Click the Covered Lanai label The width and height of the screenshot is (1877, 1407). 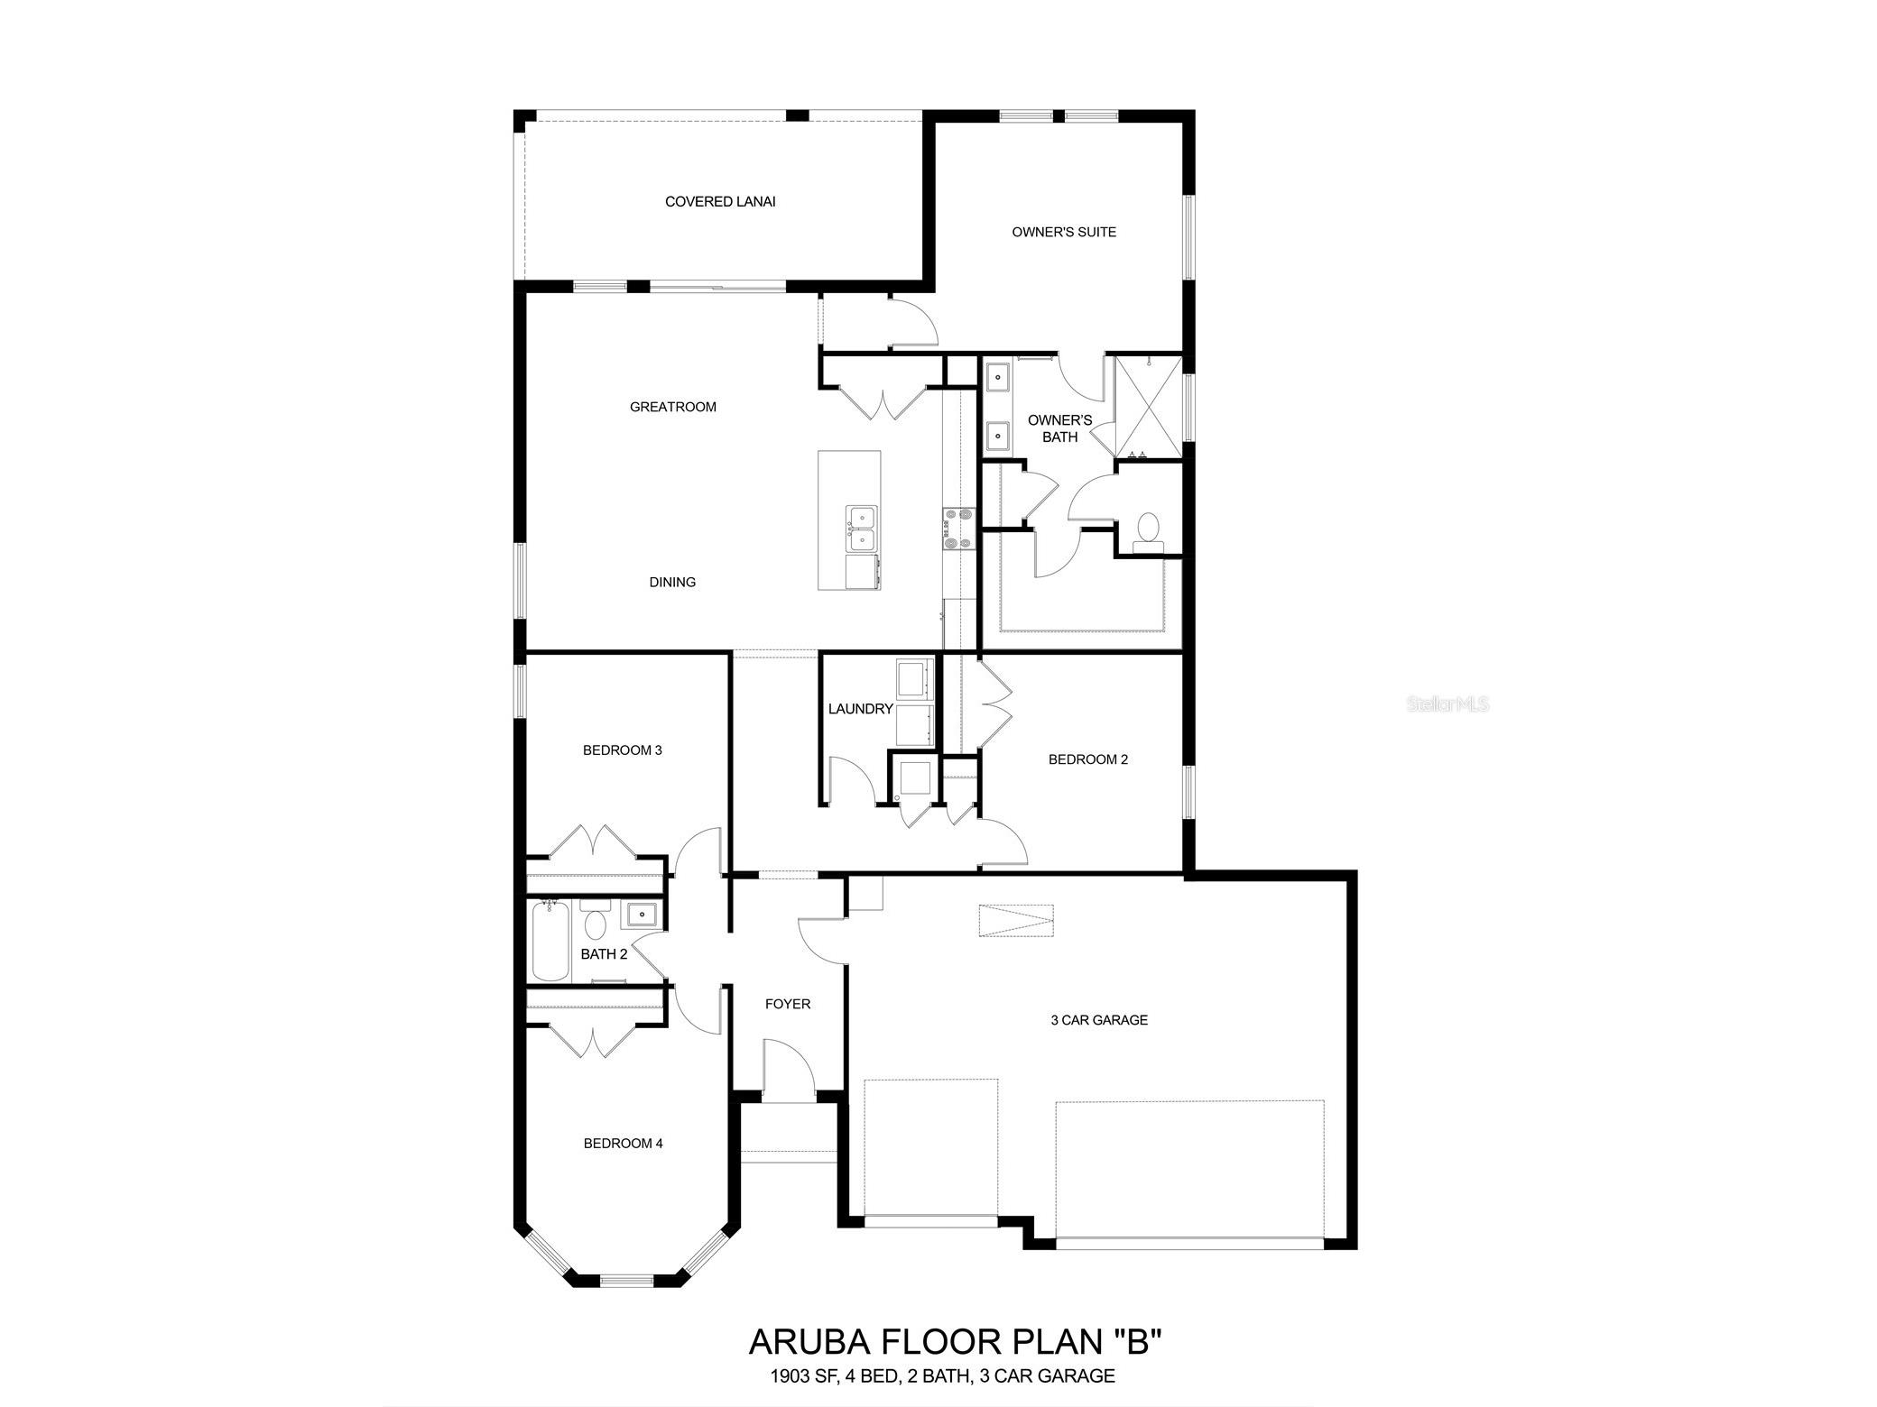(x=720, y=202)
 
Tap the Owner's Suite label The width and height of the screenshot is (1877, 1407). (x=1064, y=232)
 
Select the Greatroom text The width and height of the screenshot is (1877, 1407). (x=673, y=407)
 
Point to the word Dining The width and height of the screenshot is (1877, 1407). (x=672, y=582)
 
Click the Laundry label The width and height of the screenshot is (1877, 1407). (x=861, y=709)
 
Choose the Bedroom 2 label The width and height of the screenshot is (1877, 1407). (x=1088, y=759)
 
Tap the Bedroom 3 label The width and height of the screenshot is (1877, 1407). (x=623, y=749)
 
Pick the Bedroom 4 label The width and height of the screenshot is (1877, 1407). (x=624, y=1144)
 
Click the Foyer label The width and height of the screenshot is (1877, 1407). (x=788, y=1004)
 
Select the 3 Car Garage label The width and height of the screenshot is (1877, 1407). (x=1099, y=1020)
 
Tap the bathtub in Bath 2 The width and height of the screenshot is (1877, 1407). (x=551, y=940)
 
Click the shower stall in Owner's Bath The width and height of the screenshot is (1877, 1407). (x=1148, y=408)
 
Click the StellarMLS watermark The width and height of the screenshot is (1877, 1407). (x=1448, y=703)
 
